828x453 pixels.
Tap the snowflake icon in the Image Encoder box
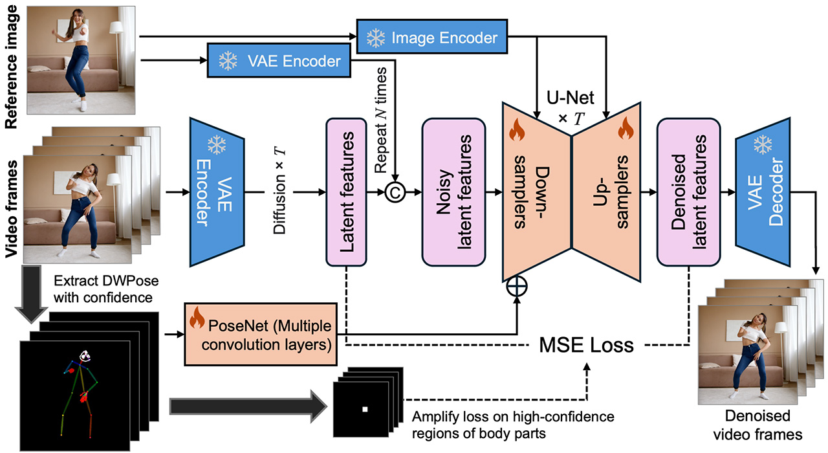pyautogui.click(x=375, y=38)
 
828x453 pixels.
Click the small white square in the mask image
pyautogui.click(x=365, y=409)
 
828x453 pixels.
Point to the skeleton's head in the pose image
pyautogui.click(x=84, y=356)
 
